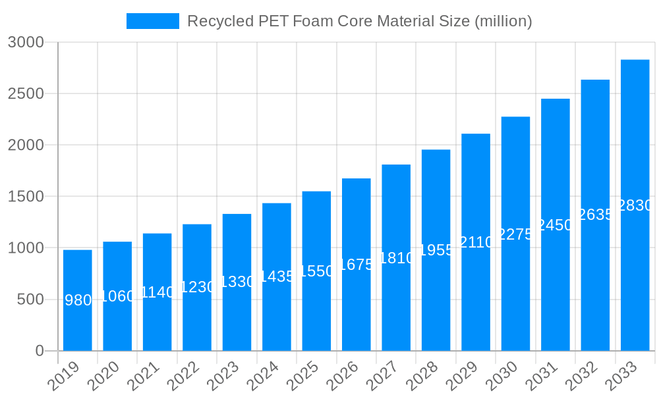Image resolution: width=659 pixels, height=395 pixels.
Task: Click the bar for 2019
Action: (78, 300)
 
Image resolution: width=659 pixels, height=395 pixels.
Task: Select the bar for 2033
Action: (635, 205)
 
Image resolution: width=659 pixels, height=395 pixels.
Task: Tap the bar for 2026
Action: (357, 265)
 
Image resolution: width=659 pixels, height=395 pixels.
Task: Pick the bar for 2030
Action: (515, 234)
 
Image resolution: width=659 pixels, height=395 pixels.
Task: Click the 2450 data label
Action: (555, 225)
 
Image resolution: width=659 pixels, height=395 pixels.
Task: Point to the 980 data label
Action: (78, 301)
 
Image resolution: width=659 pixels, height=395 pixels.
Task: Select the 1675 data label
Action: (357, 265)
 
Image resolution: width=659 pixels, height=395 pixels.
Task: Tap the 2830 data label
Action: (635, 206)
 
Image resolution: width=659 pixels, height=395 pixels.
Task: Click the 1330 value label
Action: (237, 282)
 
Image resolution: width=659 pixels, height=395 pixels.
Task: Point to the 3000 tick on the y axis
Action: (25, 43)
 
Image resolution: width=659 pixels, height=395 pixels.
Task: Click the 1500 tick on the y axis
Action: (25, 197)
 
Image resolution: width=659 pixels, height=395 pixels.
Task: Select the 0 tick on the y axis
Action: (40, 351)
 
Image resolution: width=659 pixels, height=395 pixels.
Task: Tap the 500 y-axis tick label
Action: (30, 300)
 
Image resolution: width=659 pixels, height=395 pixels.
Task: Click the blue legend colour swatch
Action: (153, 21)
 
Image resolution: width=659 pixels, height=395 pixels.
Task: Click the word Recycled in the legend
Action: (214, 21)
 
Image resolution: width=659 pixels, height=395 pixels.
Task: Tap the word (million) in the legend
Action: (503, 21)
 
